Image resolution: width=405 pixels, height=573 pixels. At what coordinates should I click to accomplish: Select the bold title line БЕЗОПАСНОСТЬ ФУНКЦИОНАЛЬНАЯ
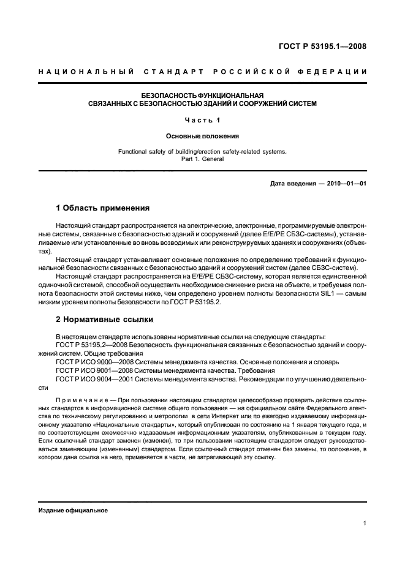click(202, 95)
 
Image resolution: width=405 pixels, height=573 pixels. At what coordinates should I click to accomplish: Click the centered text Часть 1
click(202, 120)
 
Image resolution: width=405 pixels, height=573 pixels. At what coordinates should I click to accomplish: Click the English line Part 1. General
click(202, 159)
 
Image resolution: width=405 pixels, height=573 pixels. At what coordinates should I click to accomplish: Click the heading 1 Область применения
click(102, 208)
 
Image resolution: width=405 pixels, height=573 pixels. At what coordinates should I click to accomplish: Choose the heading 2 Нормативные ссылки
click(104, 319)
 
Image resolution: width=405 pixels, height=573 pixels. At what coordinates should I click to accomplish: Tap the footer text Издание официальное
click(73, 511)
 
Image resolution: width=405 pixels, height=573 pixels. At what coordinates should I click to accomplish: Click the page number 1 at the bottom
click(365, 523)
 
